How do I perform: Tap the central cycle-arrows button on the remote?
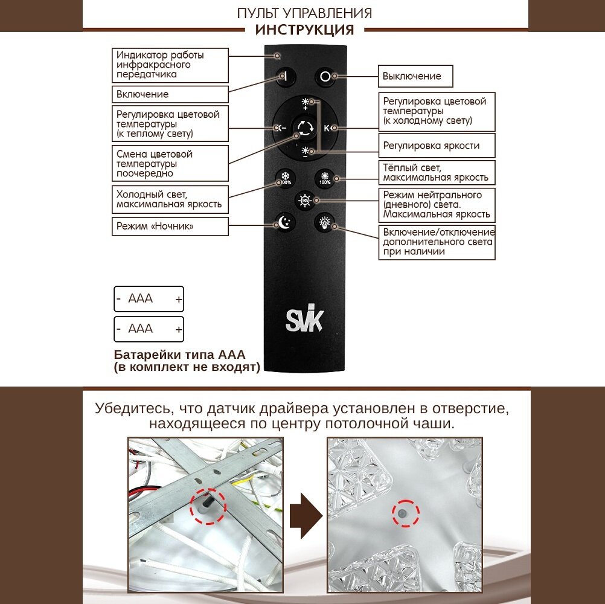[x=304, y=127]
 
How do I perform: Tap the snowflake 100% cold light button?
[x=283, y=178]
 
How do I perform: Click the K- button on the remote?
[x=281, y=127]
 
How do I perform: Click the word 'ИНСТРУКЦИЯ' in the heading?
[x=304, y=30]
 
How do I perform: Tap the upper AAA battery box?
[x=149, y=298]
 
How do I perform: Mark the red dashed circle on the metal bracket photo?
[x=208, y=506]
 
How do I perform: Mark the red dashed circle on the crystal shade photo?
[x=402, y=515]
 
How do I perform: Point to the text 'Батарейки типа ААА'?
[x=179, y=355]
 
